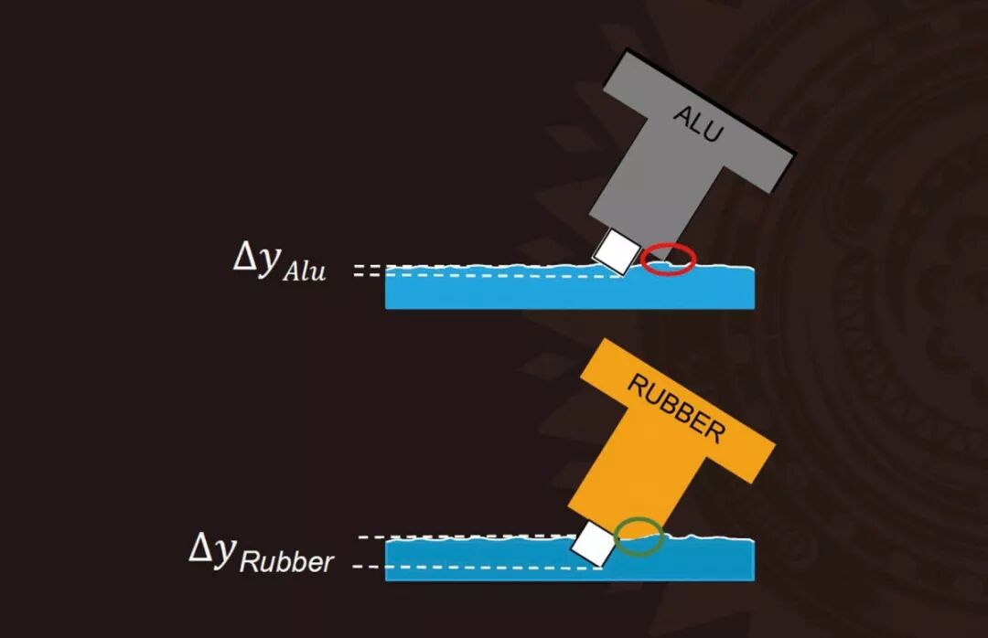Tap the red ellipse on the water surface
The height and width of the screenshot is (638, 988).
(x=668, y=261)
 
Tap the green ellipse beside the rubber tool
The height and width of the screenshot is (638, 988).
(x=639, y=537)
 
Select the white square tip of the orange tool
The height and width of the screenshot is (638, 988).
(x=593, y=546)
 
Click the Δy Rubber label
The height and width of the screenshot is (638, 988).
(x=262, y=552)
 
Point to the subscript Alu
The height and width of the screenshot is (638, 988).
(x=303, y=271)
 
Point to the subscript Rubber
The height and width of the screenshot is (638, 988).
(x=286, y=560)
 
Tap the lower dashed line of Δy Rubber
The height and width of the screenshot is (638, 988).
(x=476, y=568)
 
